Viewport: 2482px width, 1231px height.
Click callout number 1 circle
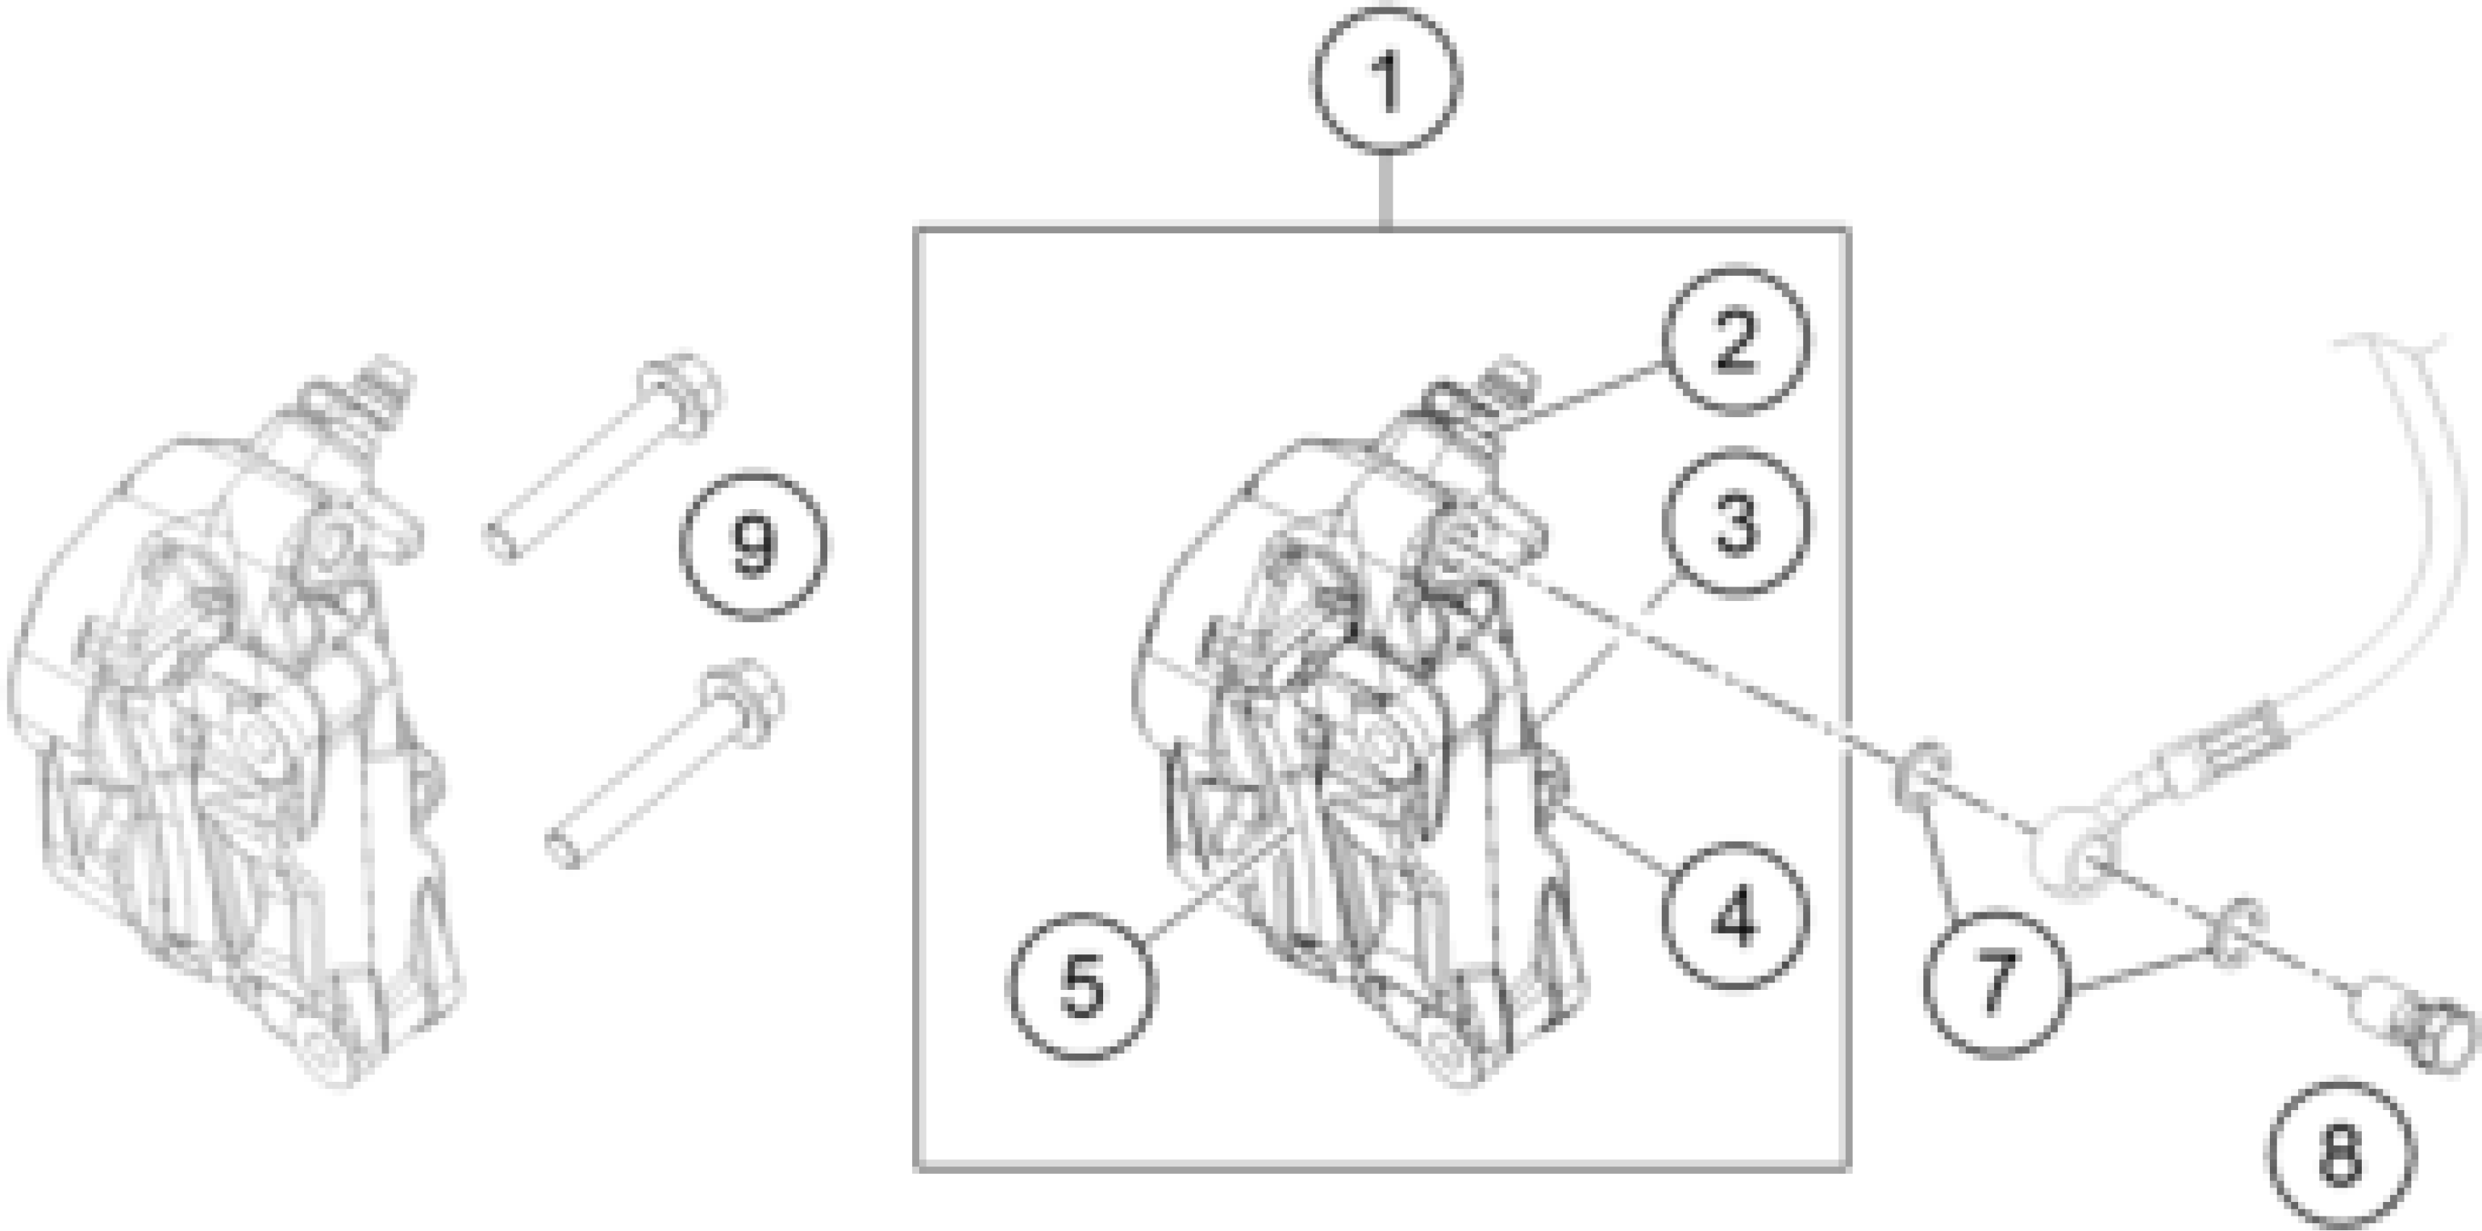(1385, 81)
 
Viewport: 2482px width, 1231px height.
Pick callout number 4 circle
(1734, 914)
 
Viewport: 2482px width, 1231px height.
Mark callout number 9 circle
(753, 545)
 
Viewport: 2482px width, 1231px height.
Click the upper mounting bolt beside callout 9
(607, 453)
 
